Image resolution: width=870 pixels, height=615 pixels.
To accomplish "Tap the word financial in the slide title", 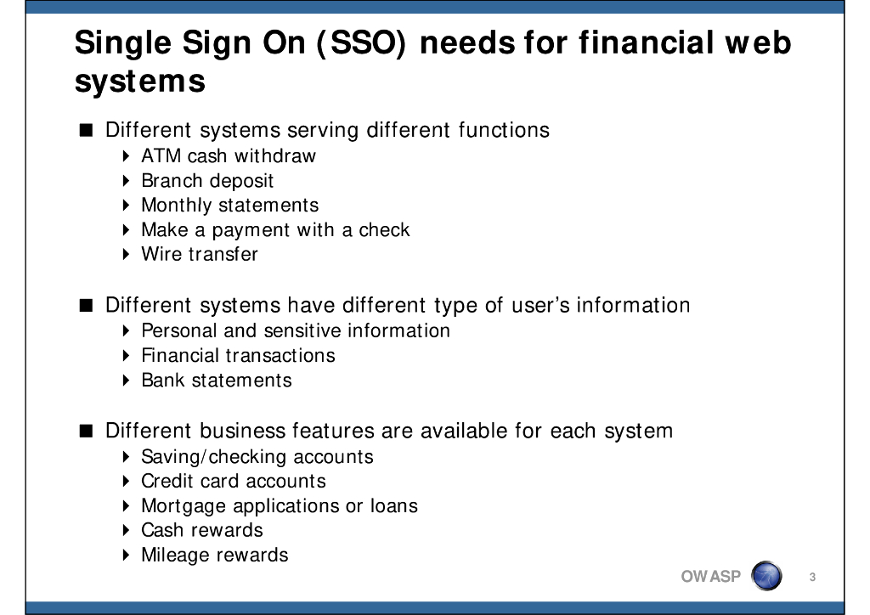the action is [x=646, y=42].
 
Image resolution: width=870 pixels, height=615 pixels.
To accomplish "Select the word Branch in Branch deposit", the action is [x=172, y=180].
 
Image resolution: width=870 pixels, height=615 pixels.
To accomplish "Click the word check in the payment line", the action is [x=384, y=229].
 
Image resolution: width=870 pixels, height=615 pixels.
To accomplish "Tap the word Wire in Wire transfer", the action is [x=161, y=254].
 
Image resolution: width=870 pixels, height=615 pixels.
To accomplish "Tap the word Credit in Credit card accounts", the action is [x=167, y=481].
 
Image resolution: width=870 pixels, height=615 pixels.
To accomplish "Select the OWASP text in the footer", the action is [x=711, y=577].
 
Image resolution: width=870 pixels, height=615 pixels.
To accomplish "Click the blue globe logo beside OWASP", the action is [x=767, y=576].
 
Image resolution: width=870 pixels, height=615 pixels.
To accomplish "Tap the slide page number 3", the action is [x=812, y=578].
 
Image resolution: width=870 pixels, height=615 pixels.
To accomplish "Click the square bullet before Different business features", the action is [x=86, y=431].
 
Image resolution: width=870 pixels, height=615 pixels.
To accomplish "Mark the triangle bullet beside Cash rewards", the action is [x=126, y=530].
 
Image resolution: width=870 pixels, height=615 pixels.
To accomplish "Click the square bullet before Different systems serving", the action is [x=86, y=130].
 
